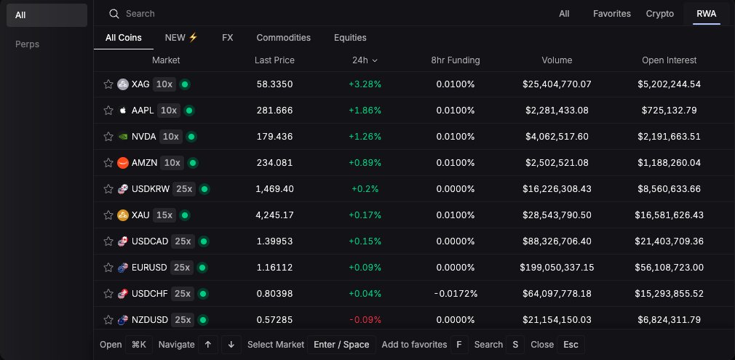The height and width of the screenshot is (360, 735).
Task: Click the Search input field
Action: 291,14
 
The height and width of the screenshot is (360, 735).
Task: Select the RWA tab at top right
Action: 706,14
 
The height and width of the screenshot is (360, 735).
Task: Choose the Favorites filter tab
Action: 611,14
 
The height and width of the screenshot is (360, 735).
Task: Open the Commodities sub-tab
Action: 283,38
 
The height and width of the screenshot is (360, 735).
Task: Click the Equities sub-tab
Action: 350,38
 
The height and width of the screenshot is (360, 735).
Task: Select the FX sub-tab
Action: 227,38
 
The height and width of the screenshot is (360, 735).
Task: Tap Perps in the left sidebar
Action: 28,44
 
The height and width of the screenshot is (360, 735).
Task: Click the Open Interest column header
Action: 669,60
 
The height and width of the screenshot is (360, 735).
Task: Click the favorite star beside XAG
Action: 108,84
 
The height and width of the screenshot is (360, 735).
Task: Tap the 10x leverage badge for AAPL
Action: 169,111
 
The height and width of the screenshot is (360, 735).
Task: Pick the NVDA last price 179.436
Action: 274,137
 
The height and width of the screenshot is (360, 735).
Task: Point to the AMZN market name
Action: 144,163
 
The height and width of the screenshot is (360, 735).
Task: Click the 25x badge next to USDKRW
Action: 184,189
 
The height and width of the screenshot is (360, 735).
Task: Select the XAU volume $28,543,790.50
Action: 557,215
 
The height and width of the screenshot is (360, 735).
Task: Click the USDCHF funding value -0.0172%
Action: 455,294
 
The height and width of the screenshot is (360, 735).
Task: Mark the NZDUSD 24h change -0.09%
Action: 365,320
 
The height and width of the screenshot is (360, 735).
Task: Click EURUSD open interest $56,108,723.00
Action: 669,268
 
